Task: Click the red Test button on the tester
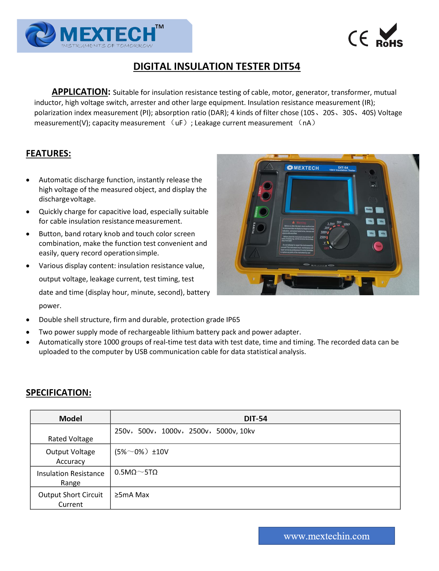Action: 378,246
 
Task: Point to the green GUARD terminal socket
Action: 264,212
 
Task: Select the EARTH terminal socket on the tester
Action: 261,228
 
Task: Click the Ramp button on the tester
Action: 369,209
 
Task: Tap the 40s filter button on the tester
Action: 383,233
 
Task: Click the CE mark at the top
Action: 358,38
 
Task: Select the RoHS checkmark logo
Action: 389,36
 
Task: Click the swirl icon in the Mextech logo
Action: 40,35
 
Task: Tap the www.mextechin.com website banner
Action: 326,536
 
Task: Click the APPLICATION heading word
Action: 80,92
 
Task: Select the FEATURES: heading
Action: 48,154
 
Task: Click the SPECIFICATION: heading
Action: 58,393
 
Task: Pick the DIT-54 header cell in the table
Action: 255,418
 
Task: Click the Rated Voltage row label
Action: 71,438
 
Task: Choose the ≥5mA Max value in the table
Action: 132,495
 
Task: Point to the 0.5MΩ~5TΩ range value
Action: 136,472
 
